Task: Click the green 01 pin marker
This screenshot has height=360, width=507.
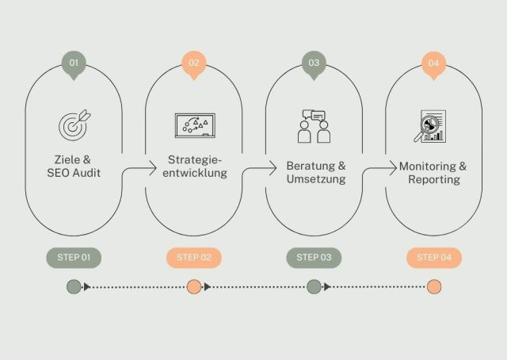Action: [74, 64]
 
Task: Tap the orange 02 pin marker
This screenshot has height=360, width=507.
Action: [194, 64]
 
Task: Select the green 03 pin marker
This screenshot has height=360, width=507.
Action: [314, 64]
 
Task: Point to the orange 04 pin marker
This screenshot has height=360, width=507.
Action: [433, 64]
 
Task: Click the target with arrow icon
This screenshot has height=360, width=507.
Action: [74, 125]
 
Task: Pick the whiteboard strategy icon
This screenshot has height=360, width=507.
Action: [195, 125]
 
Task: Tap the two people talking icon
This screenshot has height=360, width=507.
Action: [314, 127]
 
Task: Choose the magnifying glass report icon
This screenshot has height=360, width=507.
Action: [430, 126]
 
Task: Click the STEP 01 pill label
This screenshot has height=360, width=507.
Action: [74, 258]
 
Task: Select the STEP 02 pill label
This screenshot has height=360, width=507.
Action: [194, 258]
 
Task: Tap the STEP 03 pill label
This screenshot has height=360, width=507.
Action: [314, 258]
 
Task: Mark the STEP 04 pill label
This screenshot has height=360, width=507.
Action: [434, 258]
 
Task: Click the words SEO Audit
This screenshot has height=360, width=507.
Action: [74, 173]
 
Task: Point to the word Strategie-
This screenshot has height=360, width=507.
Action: [195, 160]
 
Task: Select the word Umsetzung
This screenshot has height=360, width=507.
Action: [316, 179]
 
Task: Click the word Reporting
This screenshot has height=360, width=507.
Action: [434, 180]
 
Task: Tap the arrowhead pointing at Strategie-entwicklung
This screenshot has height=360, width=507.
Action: [153, 168]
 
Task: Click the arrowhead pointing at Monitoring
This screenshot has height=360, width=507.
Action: [393, 168]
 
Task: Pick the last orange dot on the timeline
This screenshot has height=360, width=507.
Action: [434, 287]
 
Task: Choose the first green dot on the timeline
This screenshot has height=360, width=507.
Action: [74, 287]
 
